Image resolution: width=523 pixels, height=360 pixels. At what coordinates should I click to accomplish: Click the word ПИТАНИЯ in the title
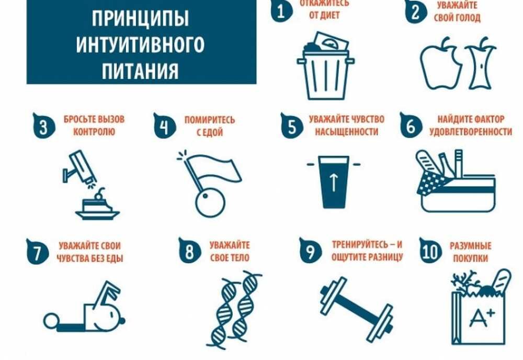(x=140, y=71)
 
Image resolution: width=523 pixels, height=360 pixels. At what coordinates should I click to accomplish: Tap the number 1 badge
(x=281, y=12)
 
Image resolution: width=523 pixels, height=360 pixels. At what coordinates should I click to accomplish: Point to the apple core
(x=481, y=63)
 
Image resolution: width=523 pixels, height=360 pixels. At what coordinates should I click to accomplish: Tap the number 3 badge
(x=43, y=126)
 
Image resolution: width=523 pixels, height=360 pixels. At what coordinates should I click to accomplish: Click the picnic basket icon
(x=456, y=182)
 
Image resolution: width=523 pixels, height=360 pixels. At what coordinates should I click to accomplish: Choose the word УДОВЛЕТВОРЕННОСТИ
(x=471, y=132)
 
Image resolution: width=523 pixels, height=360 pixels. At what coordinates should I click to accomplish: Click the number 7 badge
(x=37, y=252)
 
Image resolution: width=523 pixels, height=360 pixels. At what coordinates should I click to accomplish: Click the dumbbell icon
(x=356, y=309)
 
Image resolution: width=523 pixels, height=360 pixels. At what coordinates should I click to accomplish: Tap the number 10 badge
(x=430, y=251)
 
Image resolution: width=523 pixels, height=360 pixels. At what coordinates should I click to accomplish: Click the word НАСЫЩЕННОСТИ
(x=347, y=132)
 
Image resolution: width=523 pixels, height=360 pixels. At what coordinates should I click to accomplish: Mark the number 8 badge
(x=189, y=251)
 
